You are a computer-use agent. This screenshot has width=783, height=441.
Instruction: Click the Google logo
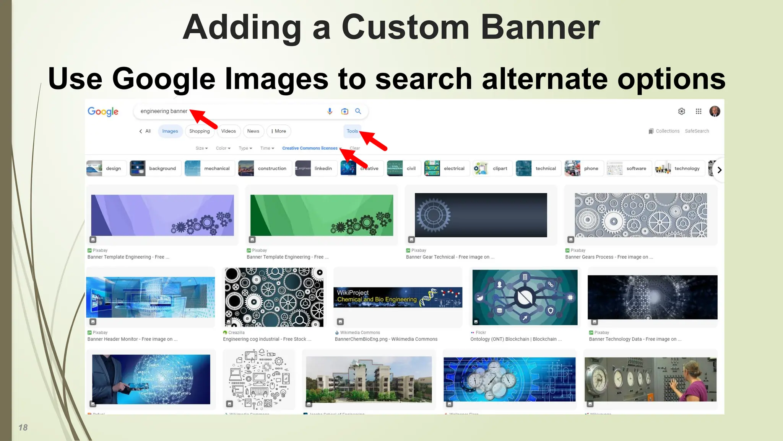pos(103,111)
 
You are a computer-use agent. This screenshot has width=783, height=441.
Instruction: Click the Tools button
pos(352,131)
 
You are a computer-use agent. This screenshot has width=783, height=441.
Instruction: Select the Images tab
pos(170,131)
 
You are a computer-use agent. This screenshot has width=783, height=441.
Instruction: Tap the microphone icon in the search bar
pos(330,111)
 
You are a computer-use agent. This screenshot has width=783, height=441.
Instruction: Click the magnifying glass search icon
pos(358,111)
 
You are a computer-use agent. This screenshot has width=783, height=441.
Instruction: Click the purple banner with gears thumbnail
pos(162,215)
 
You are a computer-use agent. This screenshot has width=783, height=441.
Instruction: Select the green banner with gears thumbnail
pos(322,215)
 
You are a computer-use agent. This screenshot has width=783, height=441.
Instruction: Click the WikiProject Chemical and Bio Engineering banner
pos(398,297)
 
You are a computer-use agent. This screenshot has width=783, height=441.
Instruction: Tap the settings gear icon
pos(682,111)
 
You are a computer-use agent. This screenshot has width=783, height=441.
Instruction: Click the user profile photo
pos(715,111)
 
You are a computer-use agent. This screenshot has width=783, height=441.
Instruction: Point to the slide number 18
pos(23,428)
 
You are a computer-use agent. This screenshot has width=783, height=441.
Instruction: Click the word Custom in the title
pos(405,28)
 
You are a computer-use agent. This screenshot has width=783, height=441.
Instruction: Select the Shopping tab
pos(200,131)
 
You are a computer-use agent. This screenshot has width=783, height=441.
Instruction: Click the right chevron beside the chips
pos(719,170)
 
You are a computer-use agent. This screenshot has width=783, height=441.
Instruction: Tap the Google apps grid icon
pos(699,111)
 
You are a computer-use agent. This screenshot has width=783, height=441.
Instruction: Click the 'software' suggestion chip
pos(629,168)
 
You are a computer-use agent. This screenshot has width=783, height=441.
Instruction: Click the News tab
pos(253,131)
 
